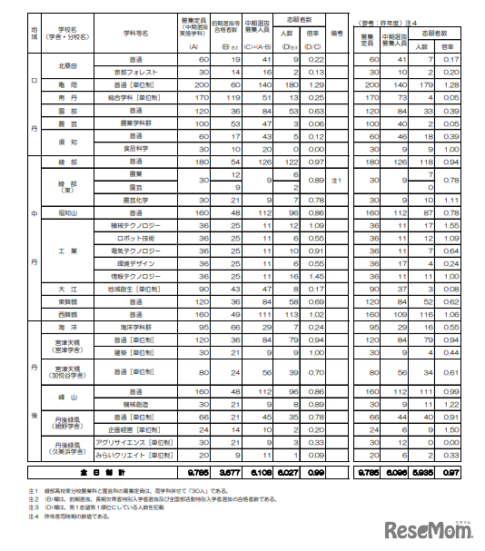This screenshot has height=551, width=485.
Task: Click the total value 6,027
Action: click(x=284, y=472)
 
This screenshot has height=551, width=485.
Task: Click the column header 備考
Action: click(x=337, y=32)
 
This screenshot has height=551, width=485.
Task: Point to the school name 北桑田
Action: click(x=67, y=64)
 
